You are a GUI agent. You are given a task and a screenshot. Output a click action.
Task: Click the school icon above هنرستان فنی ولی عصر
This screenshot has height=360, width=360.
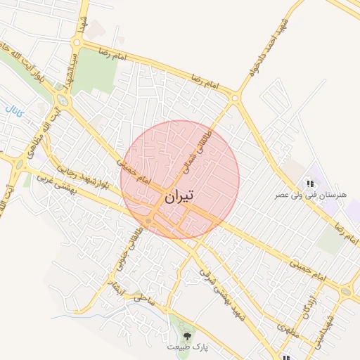click(309, 184)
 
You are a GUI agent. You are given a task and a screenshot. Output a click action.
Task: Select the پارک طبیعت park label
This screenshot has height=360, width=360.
click(188, 347)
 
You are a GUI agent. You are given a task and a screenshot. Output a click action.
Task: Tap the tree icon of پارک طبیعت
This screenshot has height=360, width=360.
click(187, 337)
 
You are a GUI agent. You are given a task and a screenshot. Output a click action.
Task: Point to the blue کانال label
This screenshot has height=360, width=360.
click(14, 110)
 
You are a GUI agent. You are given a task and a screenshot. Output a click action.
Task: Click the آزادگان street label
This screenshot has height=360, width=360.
click(307, 304)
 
